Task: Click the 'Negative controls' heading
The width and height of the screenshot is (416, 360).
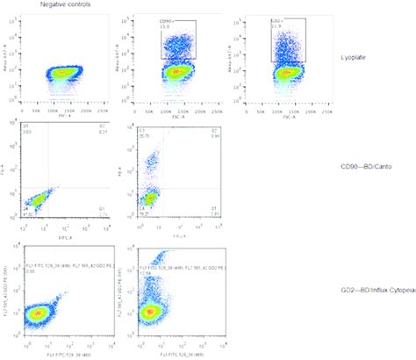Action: pyautogui.click(x=69, y=5)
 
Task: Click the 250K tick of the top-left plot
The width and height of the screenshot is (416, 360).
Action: pyautogui.click(x=107, y=109)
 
